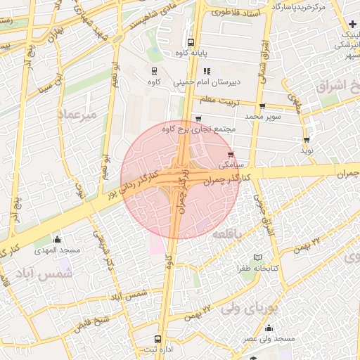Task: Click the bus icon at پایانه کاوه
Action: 191,42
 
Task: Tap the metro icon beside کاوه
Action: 155,71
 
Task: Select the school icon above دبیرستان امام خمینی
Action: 207,71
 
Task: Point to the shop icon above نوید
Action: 307,139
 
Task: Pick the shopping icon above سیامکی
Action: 231,155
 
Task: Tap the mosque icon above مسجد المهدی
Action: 57,239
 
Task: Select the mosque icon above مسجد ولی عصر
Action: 269,328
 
